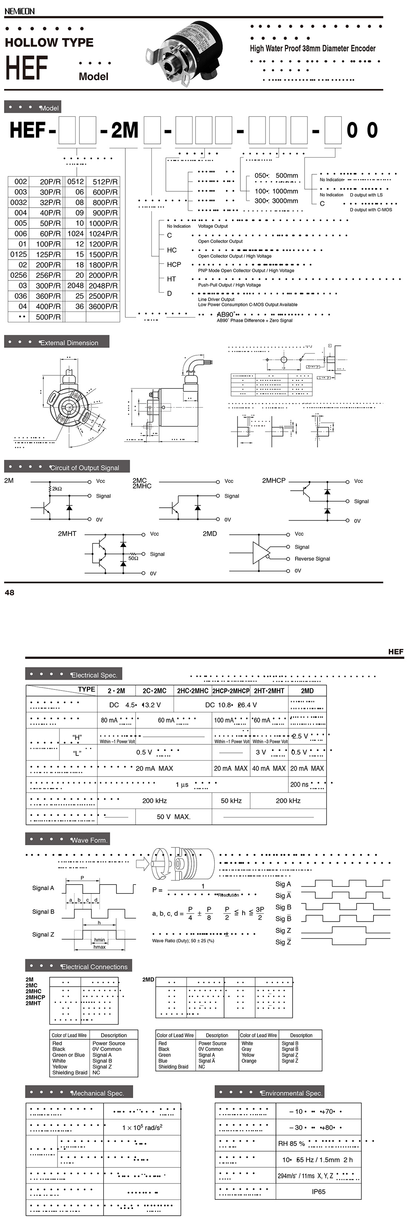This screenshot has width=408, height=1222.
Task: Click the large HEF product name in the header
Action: pos(27,67)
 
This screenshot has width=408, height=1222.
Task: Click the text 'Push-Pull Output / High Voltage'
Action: pos(229,285)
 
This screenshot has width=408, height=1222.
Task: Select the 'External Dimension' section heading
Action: pos(69,343)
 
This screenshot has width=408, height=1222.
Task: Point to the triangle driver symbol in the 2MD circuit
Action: pos(260,553)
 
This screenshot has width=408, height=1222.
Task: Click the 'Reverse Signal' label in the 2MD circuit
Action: pos(312,559)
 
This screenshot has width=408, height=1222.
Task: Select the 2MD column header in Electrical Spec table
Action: pos(307,691)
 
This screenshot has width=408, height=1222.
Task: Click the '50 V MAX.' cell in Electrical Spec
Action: pos(173,817)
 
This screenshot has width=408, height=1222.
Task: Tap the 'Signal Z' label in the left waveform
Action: pos(43,935)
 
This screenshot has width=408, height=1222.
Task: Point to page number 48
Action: pos(10,593)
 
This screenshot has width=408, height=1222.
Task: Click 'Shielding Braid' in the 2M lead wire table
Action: pos(70,1072)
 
